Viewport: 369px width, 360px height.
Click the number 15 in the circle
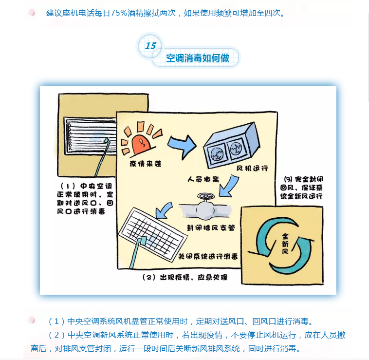coord(150,46)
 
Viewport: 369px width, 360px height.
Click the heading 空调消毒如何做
coord(198,58)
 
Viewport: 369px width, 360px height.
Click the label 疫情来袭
coord(146,164)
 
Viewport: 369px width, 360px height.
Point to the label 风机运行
coord(252,168)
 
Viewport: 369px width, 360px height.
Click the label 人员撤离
coord(203,180)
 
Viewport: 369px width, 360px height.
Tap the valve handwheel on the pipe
coord(206,196)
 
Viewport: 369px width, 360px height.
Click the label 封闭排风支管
coord(211,227)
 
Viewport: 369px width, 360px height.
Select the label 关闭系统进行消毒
coord(208,256)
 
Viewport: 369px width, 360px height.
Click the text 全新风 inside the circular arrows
coord(285,244)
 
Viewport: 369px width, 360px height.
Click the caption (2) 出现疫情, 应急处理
coord(185,277)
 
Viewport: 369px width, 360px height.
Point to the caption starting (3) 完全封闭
coord(301,188)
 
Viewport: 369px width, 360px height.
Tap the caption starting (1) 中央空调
coord(85,198)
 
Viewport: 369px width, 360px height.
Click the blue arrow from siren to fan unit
coord(182,146)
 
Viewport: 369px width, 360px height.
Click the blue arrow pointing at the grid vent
coord(164,210)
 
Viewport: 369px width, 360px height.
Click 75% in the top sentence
coord(119,13)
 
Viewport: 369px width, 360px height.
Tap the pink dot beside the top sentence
coord(32,13)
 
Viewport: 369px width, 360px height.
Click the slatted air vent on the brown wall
coord(91,136)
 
